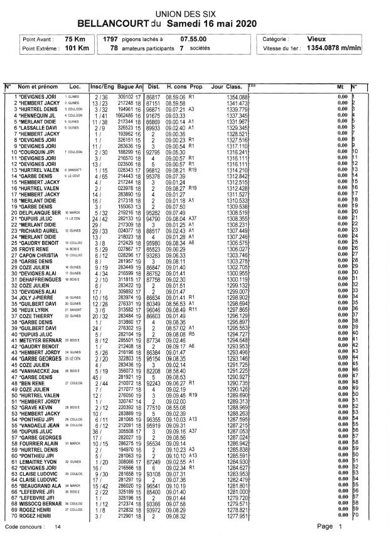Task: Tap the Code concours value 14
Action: click(x=58, y=528)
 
